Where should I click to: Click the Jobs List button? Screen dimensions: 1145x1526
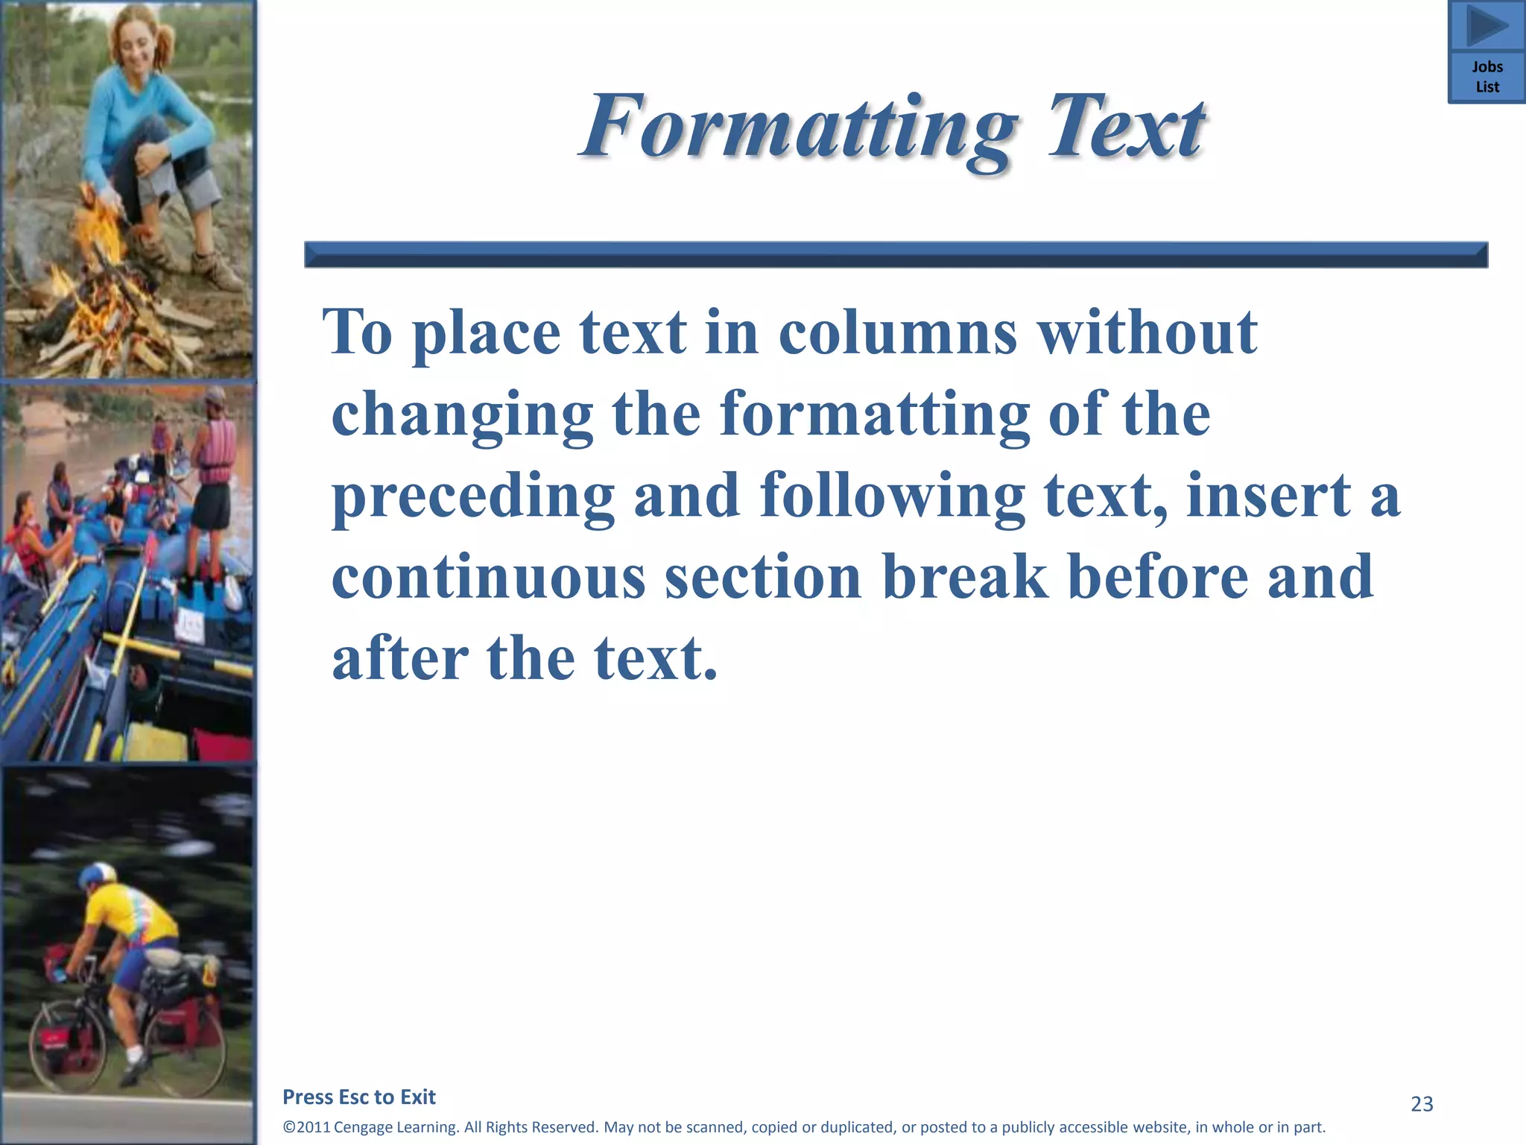(1487, 77)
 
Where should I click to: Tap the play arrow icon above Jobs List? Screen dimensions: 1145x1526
(1487, 25)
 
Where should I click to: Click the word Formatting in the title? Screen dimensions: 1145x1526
(798, 127)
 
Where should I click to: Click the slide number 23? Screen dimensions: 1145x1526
(1422, 1104)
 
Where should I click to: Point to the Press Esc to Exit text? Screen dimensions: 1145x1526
(359, 1097)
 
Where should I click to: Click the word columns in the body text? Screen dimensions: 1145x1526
(898, 332)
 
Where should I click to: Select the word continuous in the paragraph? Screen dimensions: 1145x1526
(488, 577)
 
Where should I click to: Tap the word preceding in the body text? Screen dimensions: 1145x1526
(473, 496)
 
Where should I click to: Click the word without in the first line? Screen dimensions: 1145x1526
(1147, 332)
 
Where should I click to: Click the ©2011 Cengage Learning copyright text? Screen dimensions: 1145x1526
(804, 1127)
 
